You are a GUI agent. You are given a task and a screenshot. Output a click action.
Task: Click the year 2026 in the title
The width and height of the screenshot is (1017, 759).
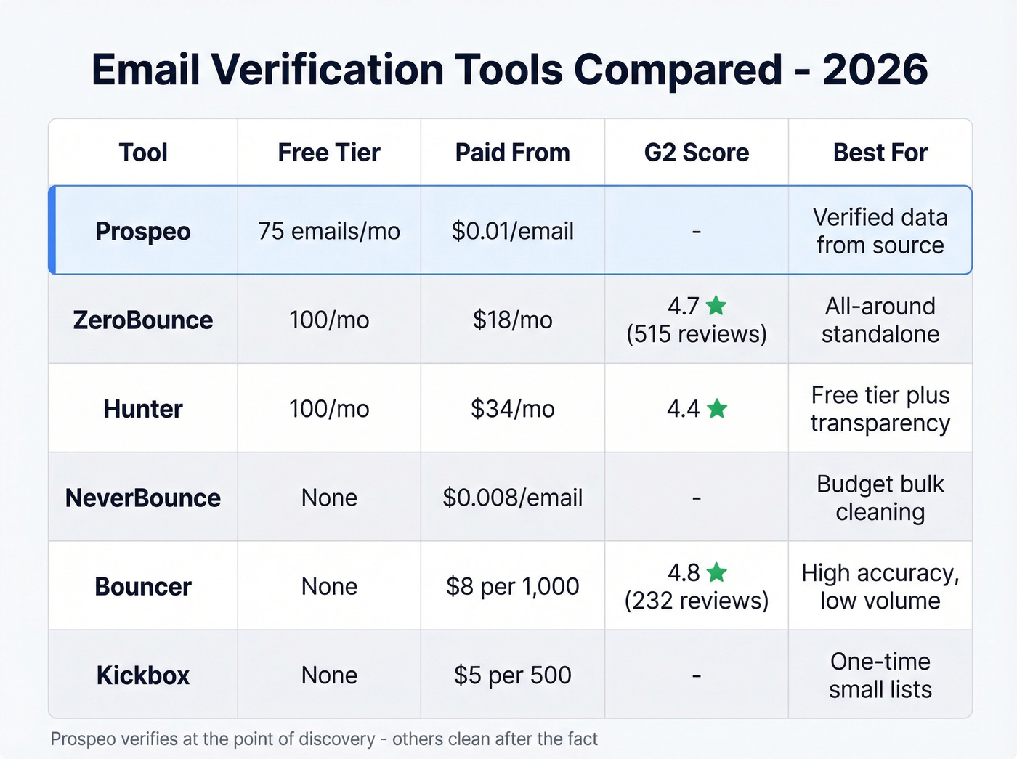(x=875, y=70)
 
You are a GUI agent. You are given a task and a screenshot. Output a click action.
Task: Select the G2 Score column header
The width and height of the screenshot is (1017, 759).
(x=696, y=153)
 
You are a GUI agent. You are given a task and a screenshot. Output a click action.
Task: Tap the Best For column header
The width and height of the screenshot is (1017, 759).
(x=880, y=153)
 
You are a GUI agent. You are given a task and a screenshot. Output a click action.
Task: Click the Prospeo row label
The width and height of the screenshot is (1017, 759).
(x=143, y=231)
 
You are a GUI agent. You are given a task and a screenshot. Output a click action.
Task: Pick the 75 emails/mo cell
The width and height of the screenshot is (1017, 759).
(x=329, y=231)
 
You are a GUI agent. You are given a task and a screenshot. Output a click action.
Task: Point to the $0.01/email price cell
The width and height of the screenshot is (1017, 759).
(x=512, y=231)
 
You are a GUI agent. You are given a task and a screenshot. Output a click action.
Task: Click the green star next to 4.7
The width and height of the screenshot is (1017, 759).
(x=716, y=306)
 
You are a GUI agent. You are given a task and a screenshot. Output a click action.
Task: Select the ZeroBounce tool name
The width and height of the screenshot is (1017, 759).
(x=143, y=320)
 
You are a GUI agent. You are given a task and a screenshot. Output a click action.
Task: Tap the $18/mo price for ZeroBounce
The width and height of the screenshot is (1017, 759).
(x=512, y=320)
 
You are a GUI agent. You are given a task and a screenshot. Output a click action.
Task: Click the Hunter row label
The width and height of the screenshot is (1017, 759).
(x=143, y=409)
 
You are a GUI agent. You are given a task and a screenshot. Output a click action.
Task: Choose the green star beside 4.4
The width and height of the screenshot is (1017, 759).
(x=717, y=409)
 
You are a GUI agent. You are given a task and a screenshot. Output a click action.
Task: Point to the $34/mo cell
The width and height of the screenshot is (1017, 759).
(x=512, y=409)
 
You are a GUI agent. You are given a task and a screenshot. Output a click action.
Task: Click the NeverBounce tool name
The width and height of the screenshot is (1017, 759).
(x=143, y=498)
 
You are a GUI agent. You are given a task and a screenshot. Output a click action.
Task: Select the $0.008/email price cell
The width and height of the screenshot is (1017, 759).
(x=512, y=498)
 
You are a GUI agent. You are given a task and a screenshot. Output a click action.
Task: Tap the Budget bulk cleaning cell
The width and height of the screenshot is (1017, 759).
(x=880, y=498)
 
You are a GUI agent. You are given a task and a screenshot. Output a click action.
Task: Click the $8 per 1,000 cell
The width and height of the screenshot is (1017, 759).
(x=512, y=587)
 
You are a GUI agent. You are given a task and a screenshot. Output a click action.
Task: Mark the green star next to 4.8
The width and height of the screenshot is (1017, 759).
(x=717, y=573)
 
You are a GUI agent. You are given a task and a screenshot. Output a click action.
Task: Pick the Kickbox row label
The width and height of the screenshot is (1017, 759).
(x=143, y=675)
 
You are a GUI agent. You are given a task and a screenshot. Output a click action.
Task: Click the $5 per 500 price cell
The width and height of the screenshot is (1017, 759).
(x=512, y=675)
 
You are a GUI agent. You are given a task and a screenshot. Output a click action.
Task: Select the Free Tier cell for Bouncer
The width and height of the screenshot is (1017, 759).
(x=329, y=587)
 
